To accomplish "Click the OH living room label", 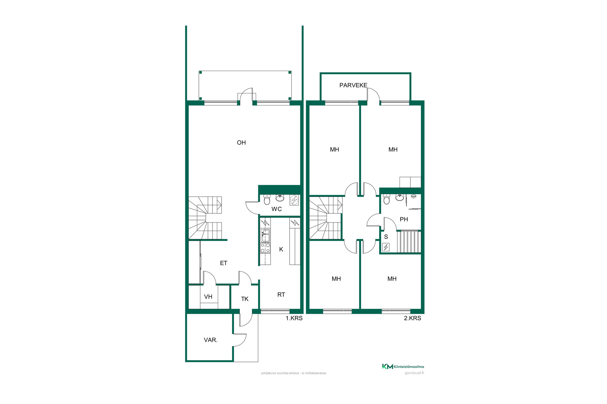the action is [241, 143].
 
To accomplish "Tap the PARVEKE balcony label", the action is [353, 85].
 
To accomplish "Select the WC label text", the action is [277, 209].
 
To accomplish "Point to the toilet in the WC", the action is [267, 199].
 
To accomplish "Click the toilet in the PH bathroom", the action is [386, 199].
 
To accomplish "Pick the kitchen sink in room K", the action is [265, 235].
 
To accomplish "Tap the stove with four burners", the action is [265, 248].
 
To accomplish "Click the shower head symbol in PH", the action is [414, 196].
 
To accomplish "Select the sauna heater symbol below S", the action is [386, 247].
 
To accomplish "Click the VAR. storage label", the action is [211, 340].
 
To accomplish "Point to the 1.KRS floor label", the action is [294, 318].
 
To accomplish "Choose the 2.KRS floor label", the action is [412, 318].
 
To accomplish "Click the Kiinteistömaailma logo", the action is [403, 366].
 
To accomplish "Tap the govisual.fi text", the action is [414, 373].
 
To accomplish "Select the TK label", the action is [245, 299].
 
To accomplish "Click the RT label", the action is [281, 294].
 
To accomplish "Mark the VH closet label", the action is [208, 297].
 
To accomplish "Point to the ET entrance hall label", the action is [224, 263].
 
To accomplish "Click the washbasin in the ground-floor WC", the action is [280, 198].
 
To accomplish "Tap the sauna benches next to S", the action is [409, 241].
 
